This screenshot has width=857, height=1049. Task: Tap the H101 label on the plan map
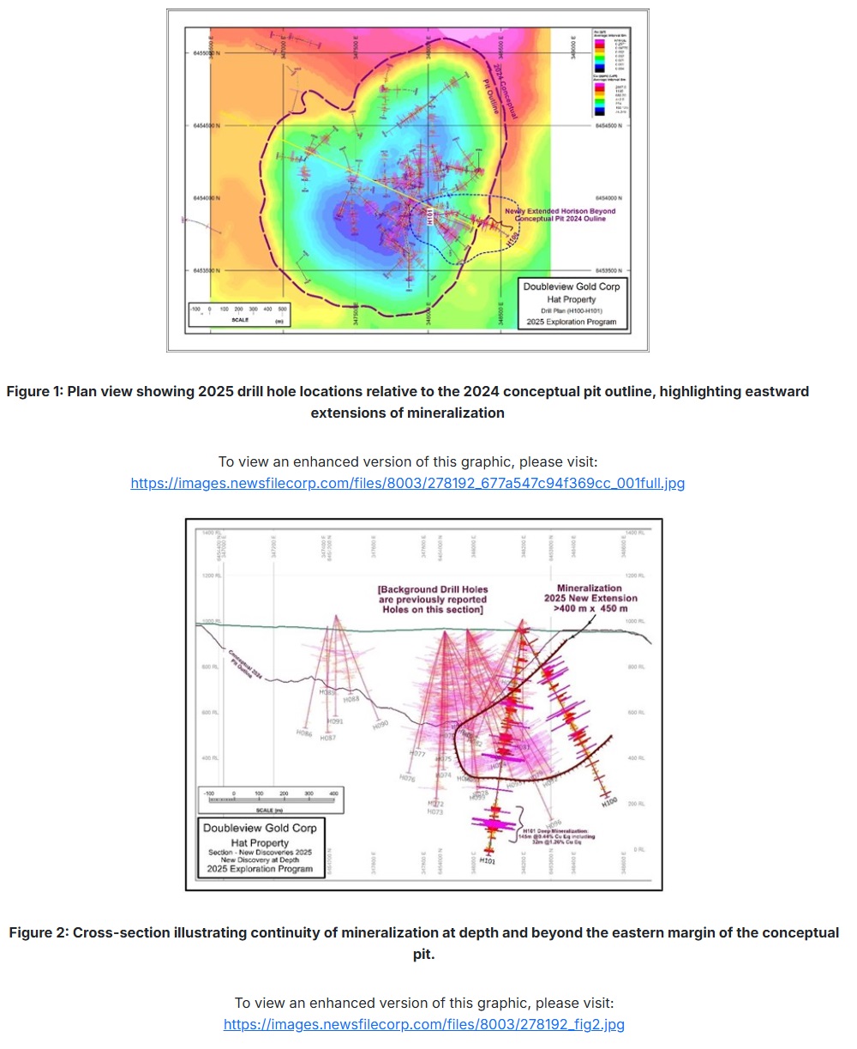(428, 218)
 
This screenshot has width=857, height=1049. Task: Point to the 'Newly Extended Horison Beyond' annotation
(560, 211)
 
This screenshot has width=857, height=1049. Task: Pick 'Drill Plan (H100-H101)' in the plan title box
(571, 310)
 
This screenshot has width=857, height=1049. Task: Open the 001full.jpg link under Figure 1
(407, 483)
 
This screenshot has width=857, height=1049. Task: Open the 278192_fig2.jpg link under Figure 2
(423, 1024)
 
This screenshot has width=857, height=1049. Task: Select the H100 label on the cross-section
(609, 803)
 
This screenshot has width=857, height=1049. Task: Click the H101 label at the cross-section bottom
(487, 859)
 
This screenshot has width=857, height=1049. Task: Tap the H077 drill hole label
(417, 754)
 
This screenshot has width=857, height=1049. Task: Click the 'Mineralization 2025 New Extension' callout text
(591, 593)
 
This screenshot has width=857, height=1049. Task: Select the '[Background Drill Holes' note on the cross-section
(431, 590)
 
